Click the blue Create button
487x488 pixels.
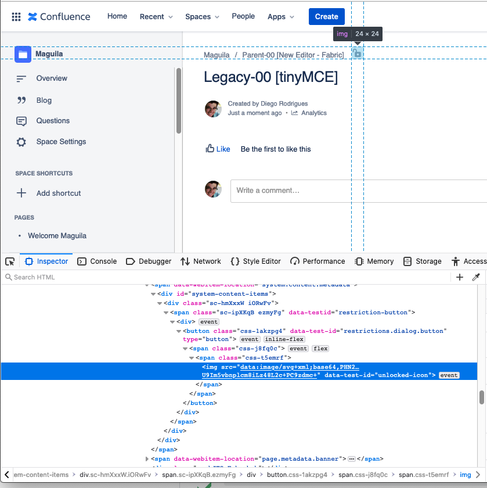click(x=326, y=17)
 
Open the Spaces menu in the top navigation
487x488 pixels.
click(x=202, y=17)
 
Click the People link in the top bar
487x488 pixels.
click(x=243, y=16)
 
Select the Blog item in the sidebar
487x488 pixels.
click(x=44, y=101)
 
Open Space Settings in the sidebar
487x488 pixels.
click(x=61, y=142)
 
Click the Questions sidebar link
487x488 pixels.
click(x=53, y=121)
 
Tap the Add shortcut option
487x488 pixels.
click(x=59, y=193)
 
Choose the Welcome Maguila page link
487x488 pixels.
click(x=57, y=236)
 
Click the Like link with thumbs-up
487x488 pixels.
click(x=218, y=149)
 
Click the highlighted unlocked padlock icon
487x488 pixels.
click(x=358, y=53)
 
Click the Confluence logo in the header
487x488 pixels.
click(x=59, y=17)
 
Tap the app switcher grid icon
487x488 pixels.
click(x=16, y=17)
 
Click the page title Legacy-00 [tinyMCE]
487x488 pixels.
click(x=270, y=77)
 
